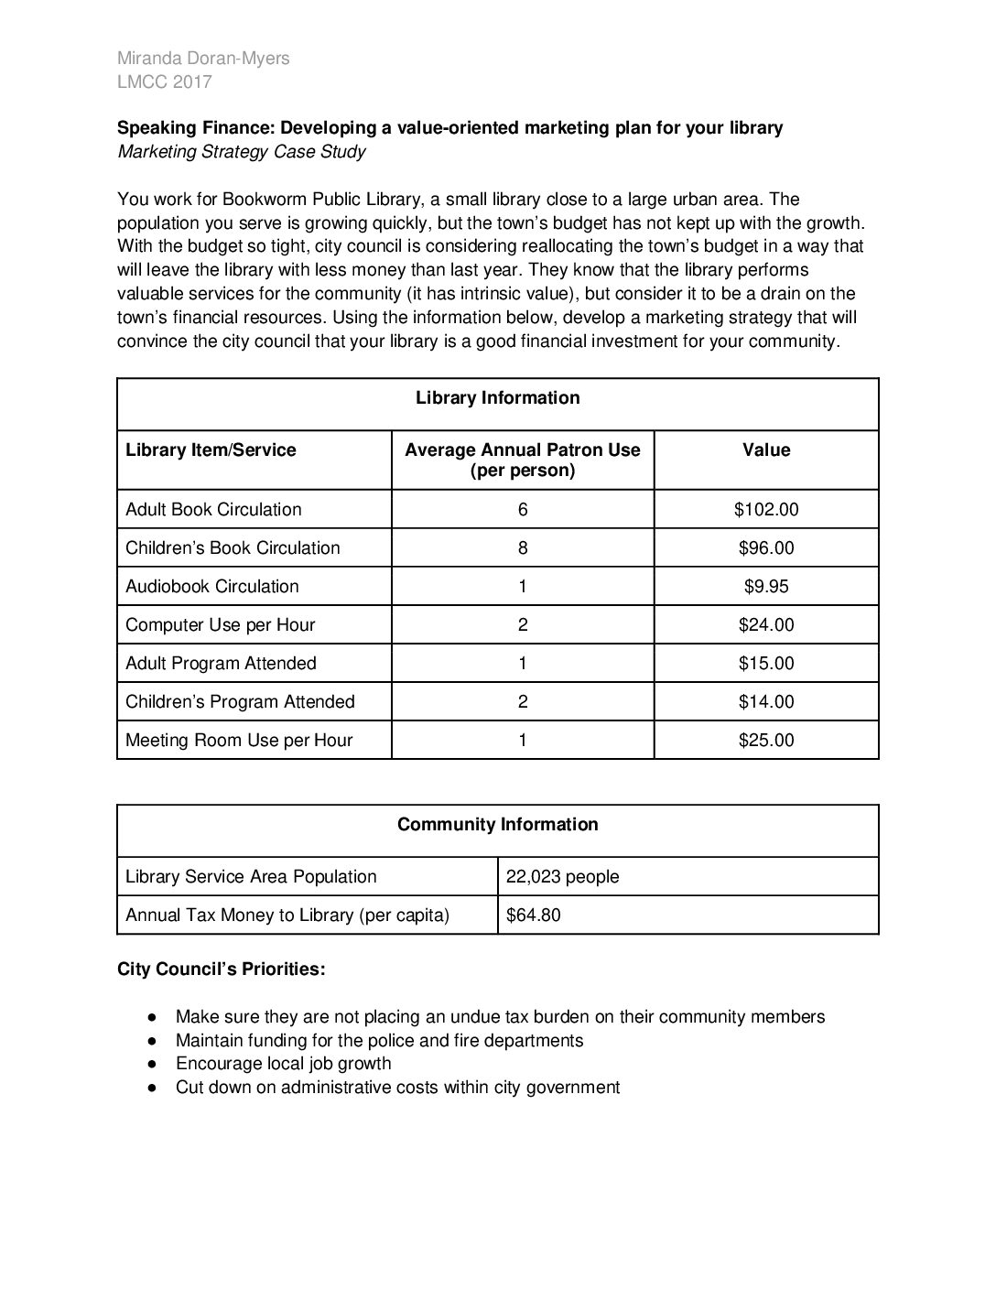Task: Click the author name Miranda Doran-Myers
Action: point(203,59)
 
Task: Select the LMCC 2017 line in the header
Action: point(165,82)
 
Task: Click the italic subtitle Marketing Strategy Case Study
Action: point(242,152)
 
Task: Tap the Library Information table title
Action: point(497,398)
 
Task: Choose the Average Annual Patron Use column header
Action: point(522,460)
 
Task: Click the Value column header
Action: point(766,450)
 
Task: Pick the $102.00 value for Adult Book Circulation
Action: point(766,510)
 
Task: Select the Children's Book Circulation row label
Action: point(233,548)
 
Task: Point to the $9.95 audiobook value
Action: point(766,587)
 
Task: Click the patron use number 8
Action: point(523,548)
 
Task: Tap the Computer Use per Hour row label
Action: point(221,625)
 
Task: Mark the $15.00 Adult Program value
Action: point(766,664)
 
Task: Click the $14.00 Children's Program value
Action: point(766,702)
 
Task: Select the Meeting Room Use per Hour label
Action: point(239,741)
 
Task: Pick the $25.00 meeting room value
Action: point(766,741)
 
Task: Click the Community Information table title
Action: point(497,825)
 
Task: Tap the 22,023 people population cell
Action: point(562,877)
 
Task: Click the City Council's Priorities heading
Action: point(221,969)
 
